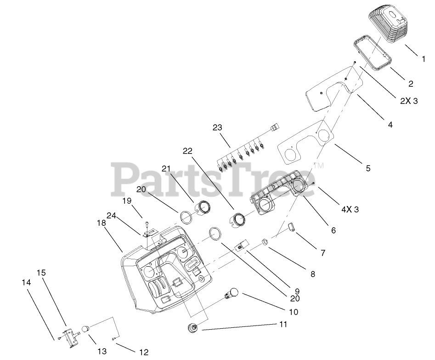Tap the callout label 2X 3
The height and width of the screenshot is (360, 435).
[x=409, y=101]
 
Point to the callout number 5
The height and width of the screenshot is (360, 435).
[x=368, y=168]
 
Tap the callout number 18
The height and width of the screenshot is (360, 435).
[x=102, y=223]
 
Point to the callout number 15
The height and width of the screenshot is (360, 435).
[x=41, y=272]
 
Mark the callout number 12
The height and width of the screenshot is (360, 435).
[x=144, y=352]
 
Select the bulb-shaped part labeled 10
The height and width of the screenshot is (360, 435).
[x=232, y=293]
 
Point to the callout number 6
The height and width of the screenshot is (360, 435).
[x=333, y=230]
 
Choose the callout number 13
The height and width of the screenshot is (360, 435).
[x=102, y=351]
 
